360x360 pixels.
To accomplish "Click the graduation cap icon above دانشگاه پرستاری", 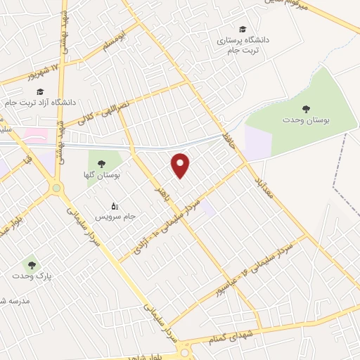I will tap(243, 29).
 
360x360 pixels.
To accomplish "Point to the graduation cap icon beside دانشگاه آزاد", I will tap(40, 91).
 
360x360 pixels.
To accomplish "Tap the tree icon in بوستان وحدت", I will tap(305, 108).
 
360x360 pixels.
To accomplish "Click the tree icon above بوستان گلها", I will tap(103, 163).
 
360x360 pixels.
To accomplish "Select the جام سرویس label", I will tap(110, 217).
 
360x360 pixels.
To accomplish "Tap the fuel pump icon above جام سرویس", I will tap(115, 206).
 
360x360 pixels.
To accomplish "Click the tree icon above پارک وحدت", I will tap(30, 265).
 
